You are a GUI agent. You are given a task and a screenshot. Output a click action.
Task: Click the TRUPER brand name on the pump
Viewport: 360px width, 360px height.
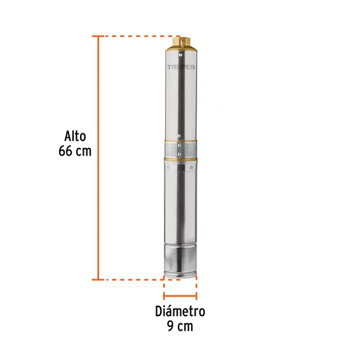[181, 67]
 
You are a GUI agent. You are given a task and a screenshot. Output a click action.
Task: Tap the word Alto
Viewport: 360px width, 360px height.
[75, 136]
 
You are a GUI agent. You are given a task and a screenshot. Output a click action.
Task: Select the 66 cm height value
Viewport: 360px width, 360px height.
[75, 151]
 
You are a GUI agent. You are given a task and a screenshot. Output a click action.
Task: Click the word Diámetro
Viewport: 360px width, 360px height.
[180, 311]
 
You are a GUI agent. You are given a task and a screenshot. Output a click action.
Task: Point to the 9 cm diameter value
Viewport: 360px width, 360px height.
[180, 326]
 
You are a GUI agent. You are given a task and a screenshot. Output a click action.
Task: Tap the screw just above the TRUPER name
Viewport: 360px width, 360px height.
[181, 55]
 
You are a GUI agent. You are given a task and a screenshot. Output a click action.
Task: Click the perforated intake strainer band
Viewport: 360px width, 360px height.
[180, 149]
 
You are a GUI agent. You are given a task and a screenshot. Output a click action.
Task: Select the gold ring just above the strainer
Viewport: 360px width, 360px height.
[180, 140]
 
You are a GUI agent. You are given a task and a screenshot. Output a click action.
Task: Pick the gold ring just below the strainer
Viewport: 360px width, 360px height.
[180, 159]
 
